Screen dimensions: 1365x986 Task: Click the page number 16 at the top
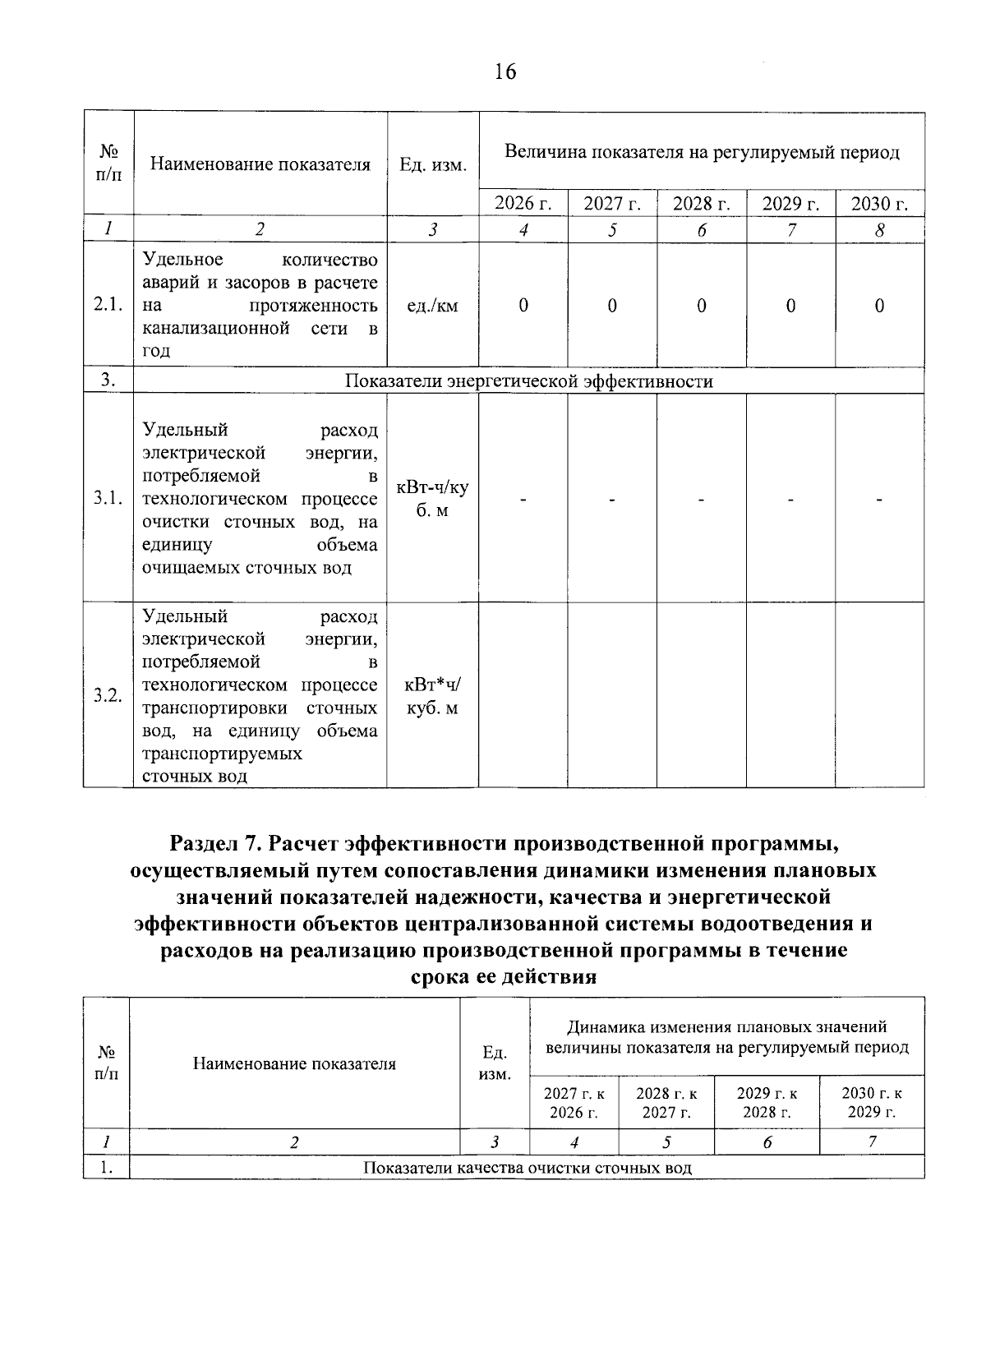pyautogui.click(x=505, y=72)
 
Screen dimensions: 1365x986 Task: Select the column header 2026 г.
pyautogui.click(x=523, y=204)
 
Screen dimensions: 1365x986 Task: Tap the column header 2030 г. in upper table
pyautogui.click(x=879, y=204)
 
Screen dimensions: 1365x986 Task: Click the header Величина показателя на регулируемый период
pyautogui.click(x=702, y=152)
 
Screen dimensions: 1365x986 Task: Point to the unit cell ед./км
pyautogui.click(x=432, y=307)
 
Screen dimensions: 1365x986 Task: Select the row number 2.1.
pyautogui.click(x=108, y=306)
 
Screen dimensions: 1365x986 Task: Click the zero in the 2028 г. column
pyautogui.click(x=701, y=307)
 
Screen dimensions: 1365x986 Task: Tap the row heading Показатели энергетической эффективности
pyautogui.click(x=528, y=381)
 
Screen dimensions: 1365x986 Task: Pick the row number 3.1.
pyautogui.click(x=108, y=498)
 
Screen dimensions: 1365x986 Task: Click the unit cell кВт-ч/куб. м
pyautogui.click(x=432, y=499)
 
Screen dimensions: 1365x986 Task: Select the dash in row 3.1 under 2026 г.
pyautogui.click(x=523, y=499)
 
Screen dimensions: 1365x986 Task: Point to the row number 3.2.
pyautogui.click(x=108, y=696)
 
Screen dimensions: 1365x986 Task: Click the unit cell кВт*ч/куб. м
pyautogui.click(x=432, y=696)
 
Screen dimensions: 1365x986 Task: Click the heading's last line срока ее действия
pyautogui.click(x=503, y=977)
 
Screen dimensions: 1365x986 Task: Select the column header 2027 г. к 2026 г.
pyautogui.click(x=574, y=1103)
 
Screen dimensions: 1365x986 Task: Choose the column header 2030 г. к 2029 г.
pyautogui.click(x=871, y=1103)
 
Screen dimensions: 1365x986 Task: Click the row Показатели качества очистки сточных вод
pyautogui.click(x=528, y=1168)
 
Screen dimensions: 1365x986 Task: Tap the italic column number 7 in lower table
pyautogui.click(x=872, y=1141)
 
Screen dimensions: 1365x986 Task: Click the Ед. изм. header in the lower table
pyautogui.click(x=495, y=1063)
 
